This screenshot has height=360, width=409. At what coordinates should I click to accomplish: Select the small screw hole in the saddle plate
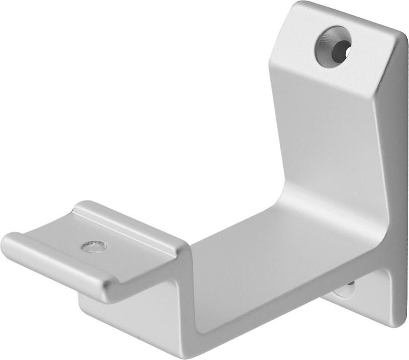[x=94, y=247]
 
